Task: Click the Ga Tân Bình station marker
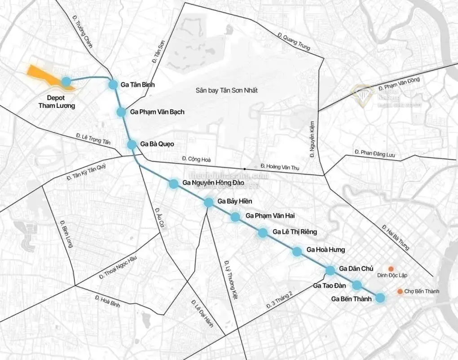click(113, 84)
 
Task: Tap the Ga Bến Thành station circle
click(380, 298)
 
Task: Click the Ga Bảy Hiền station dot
click(209, 202)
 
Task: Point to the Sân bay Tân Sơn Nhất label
click(226, 90)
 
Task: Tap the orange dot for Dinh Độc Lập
click(391, 268)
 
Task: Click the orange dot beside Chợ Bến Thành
click(400, 292)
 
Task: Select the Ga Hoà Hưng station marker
click(297, 251)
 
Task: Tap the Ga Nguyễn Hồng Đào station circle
click(174, 183)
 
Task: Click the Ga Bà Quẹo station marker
click(132, 144)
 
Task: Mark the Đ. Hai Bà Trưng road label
click(396, 236)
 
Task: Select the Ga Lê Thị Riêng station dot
click(263, 232)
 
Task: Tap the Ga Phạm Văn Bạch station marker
click(121, 112)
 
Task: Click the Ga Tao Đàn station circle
click(357, 285)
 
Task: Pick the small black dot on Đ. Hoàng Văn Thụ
click(245, 169)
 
